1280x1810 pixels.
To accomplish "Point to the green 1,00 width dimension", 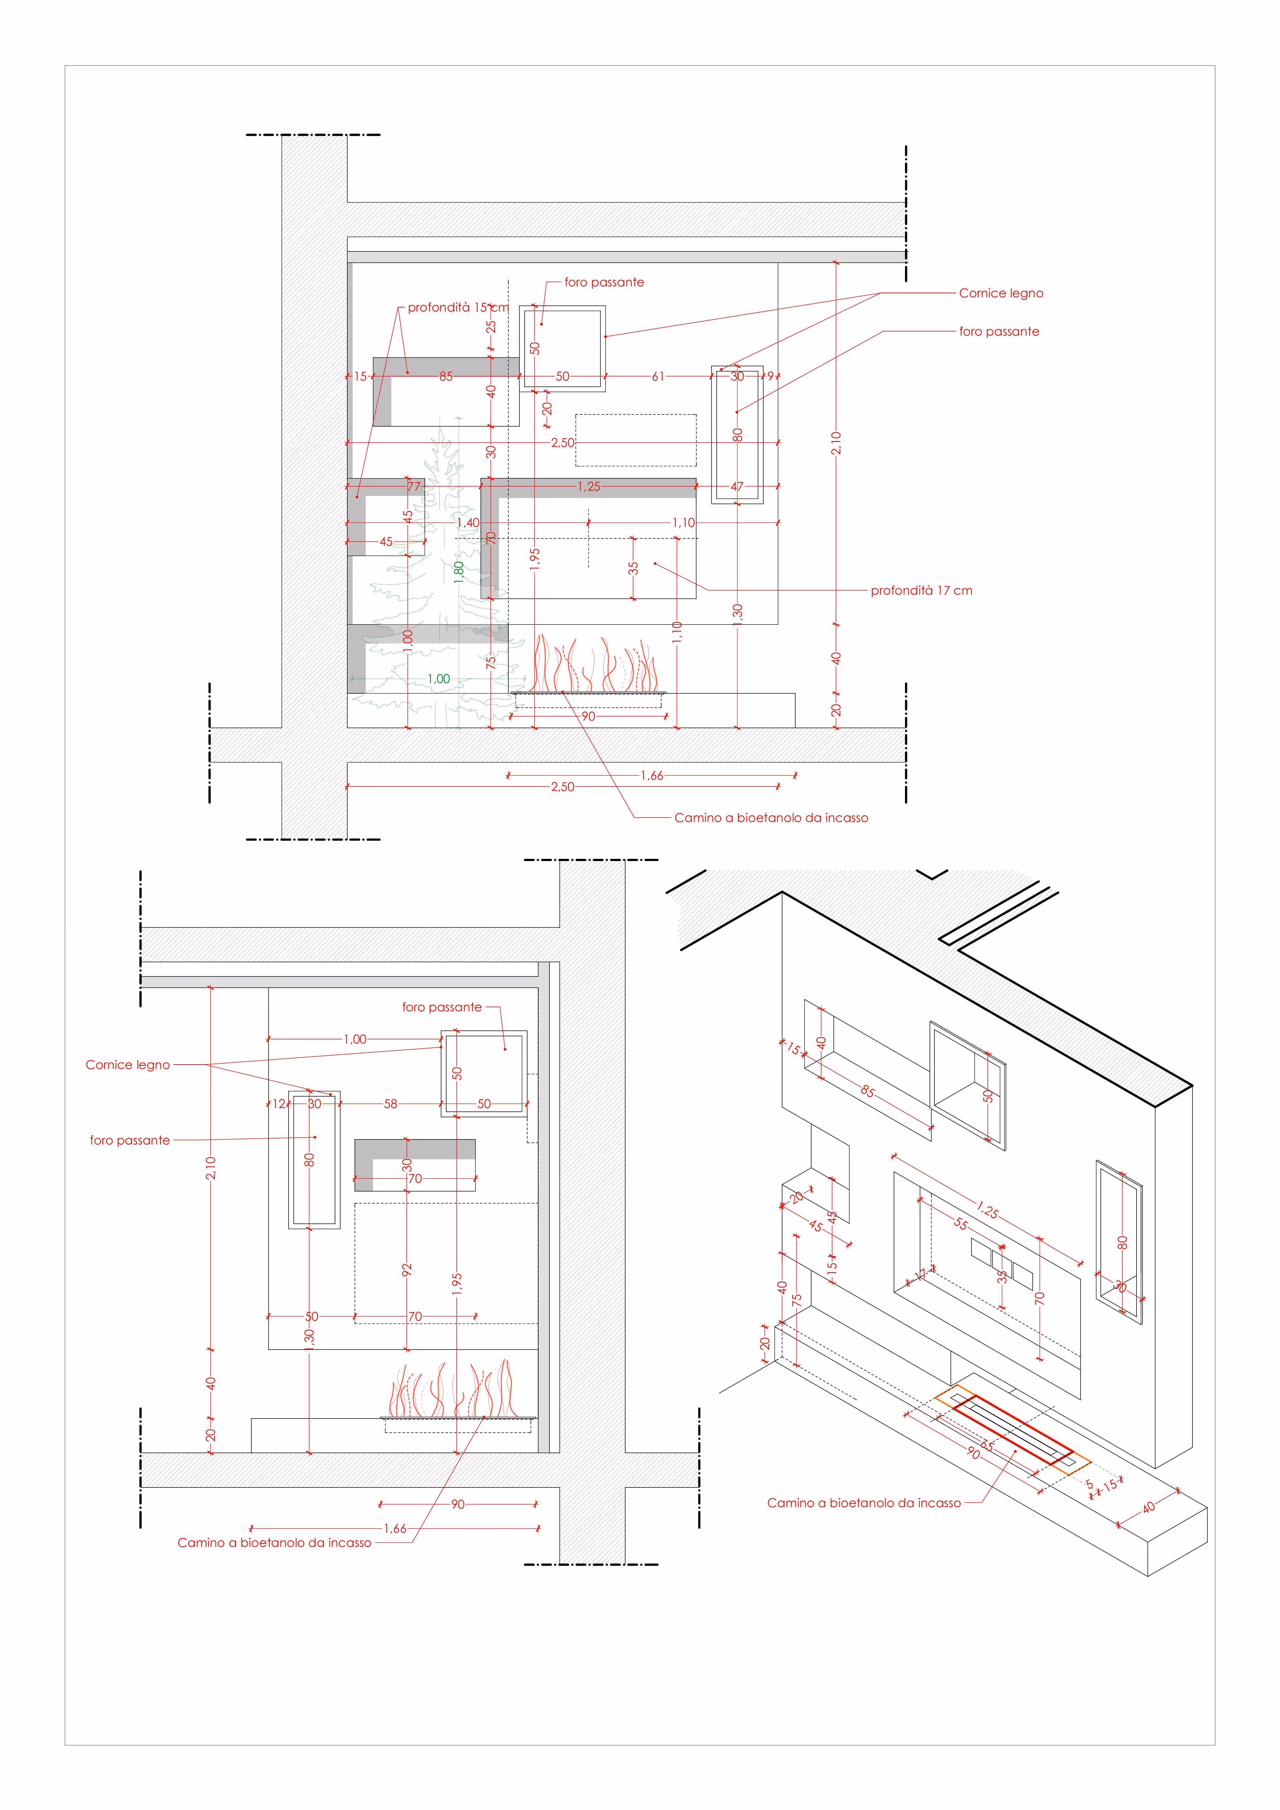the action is click(x=438, y=679).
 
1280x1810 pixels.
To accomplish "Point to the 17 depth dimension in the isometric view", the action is click(x=920, y=1275).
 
